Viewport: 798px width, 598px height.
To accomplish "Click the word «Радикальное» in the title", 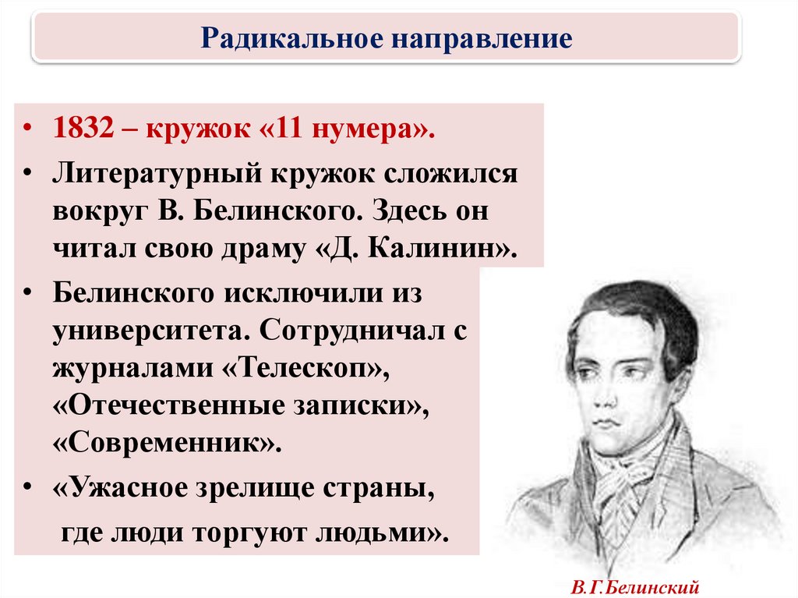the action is [292, 37].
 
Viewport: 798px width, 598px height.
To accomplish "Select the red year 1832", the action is [83, 128].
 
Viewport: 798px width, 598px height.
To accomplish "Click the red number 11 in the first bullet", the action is [288, 128].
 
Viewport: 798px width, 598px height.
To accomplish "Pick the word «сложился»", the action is [450, 174].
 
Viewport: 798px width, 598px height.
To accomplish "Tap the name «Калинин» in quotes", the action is [432, 249].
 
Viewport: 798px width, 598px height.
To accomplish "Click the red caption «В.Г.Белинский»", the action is [634, 587].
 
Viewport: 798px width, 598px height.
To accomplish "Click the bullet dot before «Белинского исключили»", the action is [27, 294].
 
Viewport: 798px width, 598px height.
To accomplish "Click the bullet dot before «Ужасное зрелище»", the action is [27, 488].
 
